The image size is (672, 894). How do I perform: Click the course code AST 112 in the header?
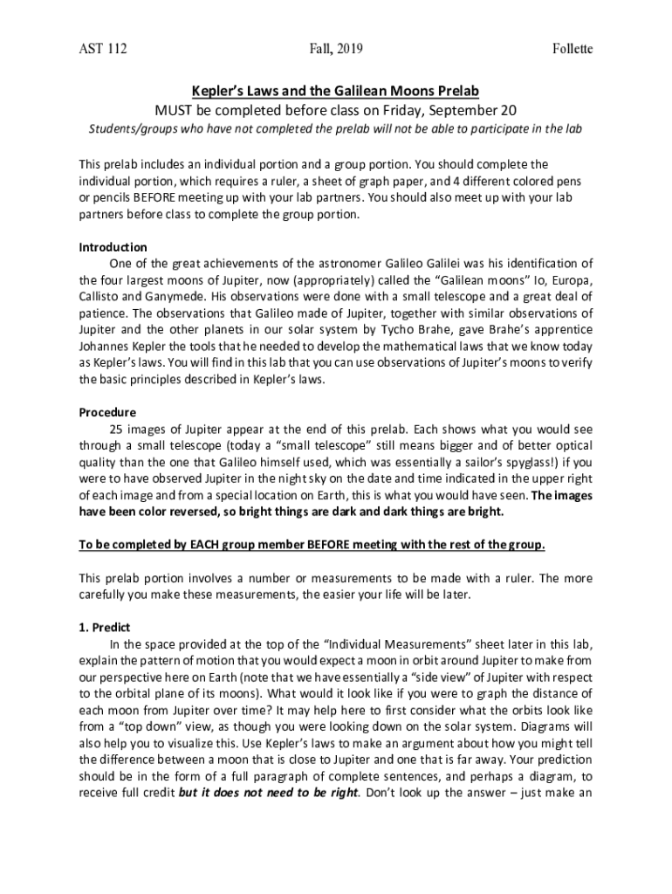[103, 49]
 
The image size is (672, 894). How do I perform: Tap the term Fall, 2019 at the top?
[336, 49]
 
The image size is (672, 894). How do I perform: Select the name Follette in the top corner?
[573, 49]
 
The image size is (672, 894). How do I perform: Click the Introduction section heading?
[113, 247]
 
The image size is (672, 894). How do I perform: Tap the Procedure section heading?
[107, 412]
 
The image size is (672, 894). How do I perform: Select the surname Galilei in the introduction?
[420, 264]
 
